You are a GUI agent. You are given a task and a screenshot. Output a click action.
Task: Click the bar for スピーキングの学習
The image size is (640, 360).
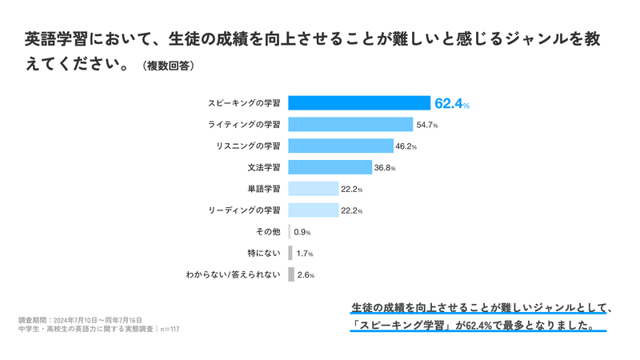coord(359,103)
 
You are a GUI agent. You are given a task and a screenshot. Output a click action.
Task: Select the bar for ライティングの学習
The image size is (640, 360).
coord(350,125)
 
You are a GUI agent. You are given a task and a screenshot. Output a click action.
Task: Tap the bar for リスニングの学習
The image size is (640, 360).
coord(340,146)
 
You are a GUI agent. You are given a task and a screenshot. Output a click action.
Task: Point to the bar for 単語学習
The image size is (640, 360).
coord(314,189)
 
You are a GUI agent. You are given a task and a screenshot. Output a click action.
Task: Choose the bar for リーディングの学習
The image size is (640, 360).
coord(314,210)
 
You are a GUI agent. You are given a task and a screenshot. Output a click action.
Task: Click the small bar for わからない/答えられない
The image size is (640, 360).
coord(290,274)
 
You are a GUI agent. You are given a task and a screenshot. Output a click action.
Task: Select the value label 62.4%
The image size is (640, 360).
coord(452,104)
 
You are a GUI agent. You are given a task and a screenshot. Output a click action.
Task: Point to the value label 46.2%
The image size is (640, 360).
coord(406,147)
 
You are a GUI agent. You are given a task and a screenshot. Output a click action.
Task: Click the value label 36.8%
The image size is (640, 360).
coord(386,168)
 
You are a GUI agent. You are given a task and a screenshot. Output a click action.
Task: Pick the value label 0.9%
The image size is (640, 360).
coord(302,232)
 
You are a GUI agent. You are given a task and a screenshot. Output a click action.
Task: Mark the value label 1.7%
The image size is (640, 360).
coord(304,254)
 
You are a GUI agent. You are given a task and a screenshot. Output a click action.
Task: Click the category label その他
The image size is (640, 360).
coord(266,232)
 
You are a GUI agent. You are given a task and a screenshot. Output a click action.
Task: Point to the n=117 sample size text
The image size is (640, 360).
coord(170,328)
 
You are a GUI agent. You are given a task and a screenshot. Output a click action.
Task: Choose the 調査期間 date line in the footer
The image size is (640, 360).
coord(80,319)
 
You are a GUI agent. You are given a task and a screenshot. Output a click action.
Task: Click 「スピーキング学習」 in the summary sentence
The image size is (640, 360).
coord(404,325)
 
